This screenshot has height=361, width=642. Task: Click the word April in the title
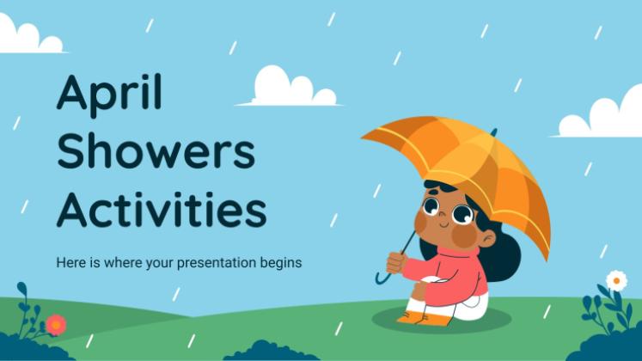(x=109, y=95)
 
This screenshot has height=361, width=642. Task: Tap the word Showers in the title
(x=156, y=151)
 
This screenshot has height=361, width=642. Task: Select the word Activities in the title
(x=162, y=209)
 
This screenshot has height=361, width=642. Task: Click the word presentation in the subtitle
(x=217, y=263)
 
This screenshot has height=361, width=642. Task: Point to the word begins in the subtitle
(x=281, y=263)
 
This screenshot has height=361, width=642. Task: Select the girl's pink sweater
(x=446, y=274)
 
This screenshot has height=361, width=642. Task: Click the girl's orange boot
(x=413, y=318)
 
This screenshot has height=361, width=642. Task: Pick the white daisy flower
(x=616, y=281)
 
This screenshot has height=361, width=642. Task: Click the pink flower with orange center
(x=56, y=325)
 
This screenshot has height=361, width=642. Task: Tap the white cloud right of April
(x=290, y=87)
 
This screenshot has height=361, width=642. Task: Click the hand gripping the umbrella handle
(x=395, y=263)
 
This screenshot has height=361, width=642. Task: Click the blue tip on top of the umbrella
(x=494, y=132)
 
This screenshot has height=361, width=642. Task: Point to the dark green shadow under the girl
(x=442, y=320)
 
